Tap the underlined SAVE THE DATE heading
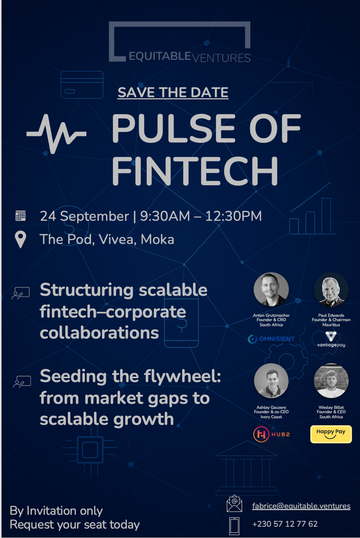(173, 92)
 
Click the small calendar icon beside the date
(20, 216)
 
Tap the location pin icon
(20, 240)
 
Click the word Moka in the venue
(157, 240)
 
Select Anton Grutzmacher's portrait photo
(271, 290)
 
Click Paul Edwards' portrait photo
(331, 290)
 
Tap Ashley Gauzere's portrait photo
(271, 381)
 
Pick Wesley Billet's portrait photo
(331, 381)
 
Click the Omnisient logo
(271, 339)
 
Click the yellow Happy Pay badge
(331, 434)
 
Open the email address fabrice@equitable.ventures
(301, 506)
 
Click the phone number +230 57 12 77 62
(285, 524)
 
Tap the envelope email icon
(234, 504)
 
